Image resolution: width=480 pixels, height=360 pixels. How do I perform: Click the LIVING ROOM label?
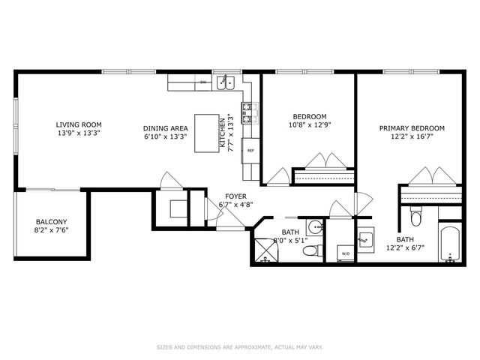78,124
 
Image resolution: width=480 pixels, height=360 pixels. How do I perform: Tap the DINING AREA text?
166,128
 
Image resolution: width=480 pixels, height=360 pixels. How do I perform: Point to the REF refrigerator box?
250,149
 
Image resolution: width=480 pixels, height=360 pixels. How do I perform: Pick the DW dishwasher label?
202,82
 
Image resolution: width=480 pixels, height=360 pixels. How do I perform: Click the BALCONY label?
52,222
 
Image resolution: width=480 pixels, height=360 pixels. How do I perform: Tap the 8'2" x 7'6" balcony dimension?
52,231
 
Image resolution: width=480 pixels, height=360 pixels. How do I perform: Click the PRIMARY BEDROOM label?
412,128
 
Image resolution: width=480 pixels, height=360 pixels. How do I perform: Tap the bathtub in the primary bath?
451,244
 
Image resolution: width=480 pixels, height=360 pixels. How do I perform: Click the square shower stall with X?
265,250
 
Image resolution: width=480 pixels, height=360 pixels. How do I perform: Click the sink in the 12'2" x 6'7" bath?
364,240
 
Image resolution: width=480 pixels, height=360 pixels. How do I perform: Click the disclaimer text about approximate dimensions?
239,347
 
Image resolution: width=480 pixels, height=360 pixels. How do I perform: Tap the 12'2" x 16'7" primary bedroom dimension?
412,137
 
